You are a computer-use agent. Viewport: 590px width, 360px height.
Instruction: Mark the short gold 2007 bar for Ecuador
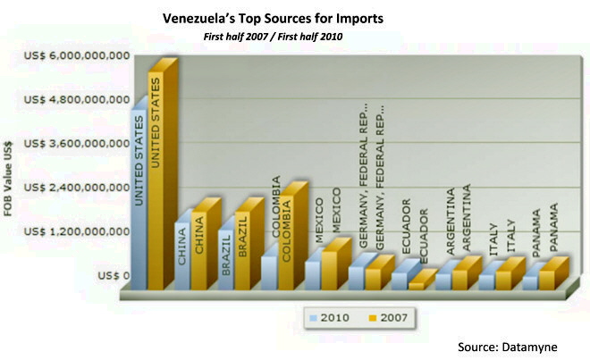point(416,285)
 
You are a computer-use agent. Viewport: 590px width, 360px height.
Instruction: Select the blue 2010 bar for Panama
point(529,282)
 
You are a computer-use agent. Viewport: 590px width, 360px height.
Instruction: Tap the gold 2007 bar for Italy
point(502,280)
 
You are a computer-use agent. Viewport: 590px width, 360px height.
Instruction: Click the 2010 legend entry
point(327,316)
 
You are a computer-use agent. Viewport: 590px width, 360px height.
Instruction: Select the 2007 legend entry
point(385,316)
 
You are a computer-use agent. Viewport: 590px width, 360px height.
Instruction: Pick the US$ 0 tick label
point(112,275)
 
